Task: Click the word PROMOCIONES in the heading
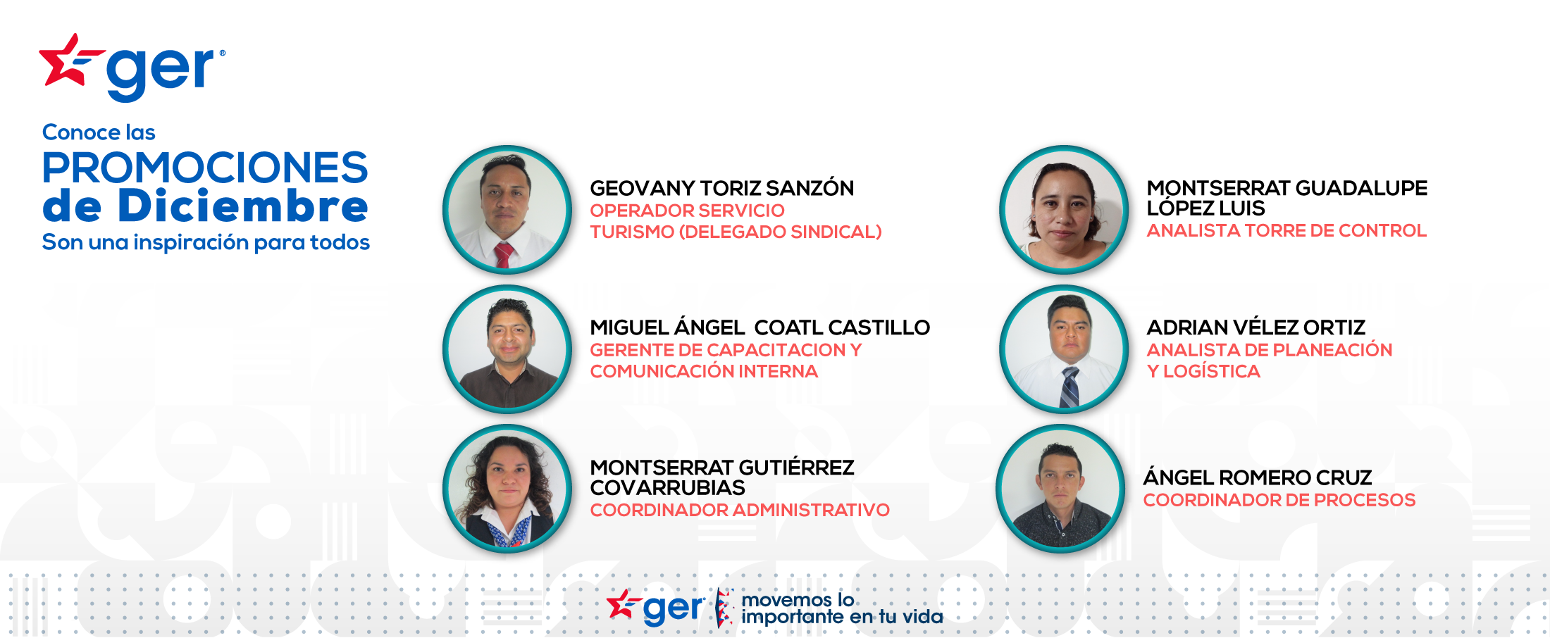205,168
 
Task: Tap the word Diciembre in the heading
243,206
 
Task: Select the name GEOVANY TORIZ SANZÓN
721,188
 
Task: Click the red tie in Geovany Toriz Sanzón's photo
504,255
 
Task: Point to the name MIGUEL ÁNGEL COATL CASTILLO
759,327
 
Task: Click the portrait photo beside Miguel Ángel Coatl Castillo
507,349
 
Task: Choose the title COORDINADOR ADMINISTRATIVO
740,510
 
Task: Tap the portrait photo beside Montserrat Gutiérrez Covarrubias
507,489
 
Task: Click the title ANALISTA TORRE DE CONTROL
1286,230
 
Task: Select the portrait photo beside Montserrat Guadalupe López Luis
1064,210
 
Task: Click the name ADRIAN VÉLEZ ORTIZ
1256,327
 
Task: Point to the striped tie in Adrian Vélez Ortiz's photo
1069,387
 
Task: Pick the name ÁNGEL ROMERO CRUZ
1258,477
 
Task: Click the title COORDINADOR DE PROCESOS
1279,500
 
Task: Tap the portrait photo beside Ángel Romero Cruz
1060,489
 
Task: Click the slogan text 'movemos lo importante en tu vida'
842,608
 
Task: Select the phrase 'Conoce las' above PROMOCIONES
99,132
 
